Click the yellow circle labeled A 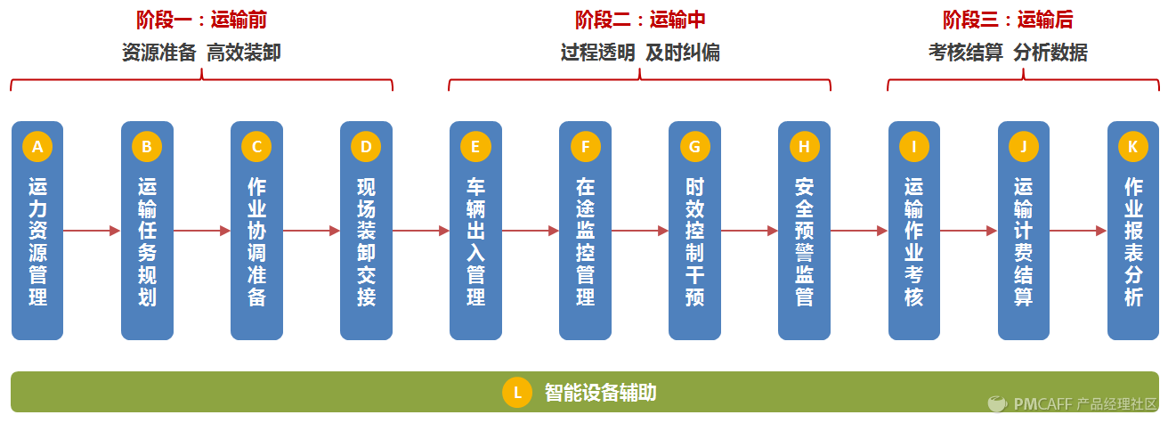point(37,147)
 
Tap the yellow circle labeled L point(517,393)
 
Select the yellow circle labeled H point(804,147)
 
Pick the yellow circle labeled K point(1132,147)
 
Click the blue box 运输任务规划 point(147,240)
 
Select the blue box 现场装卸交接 point(366,240)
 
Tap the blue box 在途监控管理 point(585,240)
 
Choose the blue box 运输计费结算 point(1023,240)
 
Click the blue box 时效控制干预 point(694,240)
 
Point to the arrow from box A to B point(92,231)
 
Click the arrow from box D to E point(420,231)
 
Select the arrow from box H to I point(859,231)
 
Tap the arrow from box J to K point(1078,231)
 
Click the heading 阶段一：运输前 point(201,20)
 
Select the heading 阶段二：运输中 point(639,20)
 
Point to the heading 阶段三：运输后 point(1007,20)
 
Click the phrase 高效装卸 point(244,53)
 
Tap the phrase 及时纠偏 point(683,53)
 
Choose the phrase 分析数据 point(1050,53)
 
